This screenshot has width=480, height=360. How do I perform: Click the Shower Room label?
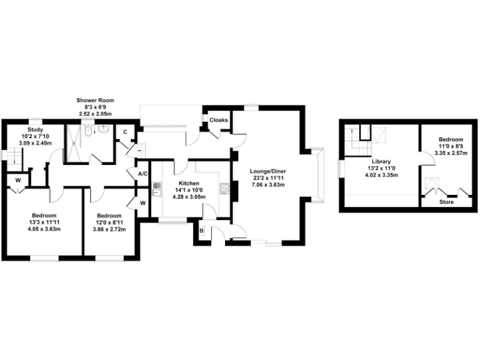95,100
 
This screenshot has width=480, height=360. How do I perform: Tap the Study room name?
35,129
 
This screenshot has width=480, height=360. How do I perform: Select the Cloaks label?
218,120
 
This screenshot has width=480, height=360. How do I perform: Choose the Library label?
381,161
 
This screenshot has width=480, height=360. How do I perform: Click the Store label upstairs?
446,202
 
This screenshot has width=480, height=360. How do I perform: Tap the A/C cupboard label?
142,174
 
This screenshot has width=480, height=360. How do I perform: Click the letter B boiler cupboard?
201,231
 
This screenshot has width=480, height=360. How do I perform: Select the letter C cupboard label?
125,132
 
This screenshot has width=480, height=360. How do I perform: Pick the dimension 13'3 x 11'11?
43,221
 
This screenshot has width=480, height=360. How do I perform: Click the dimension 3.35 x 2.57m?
450,153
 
